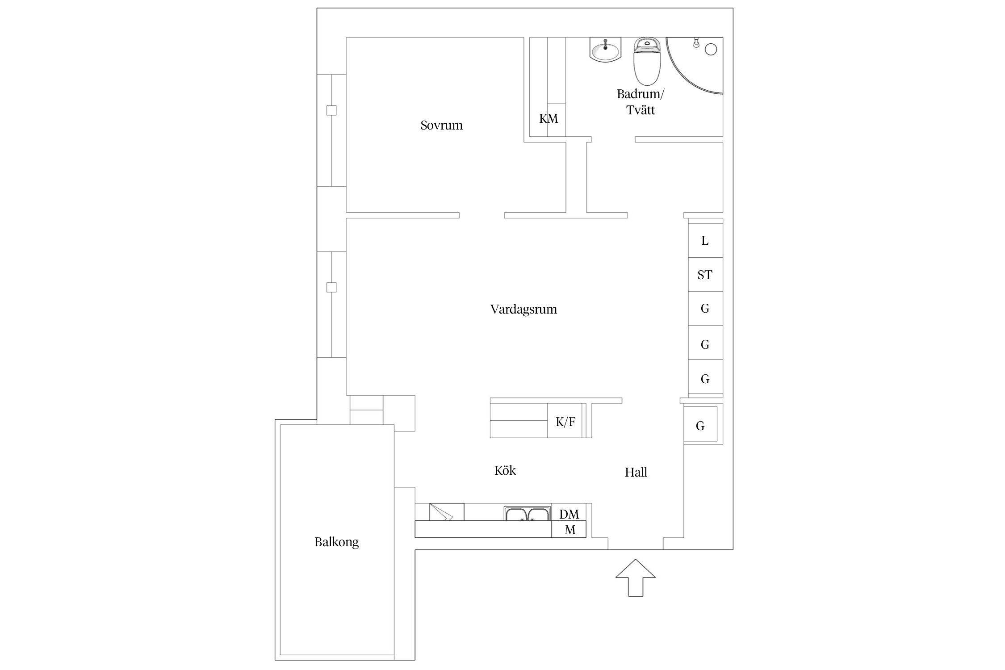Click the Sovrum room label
441,125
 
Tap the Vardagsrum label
523,310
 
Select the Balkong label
336,542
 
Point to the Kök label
505,470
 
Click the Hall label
636,472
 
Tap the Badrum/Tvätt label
641,102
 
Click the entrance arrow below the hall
636,578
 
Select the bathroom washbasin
605,50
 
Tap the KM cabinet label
549,119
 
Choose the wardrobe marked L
705,240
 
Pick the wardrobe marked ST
705,275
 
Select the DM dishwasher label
569,515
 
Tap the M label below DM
570,530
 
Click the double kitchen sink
528,514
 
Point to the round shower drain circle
711,50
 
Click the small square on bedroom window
331,110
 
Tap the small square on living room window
331,287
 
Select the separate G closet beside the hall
700,424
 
